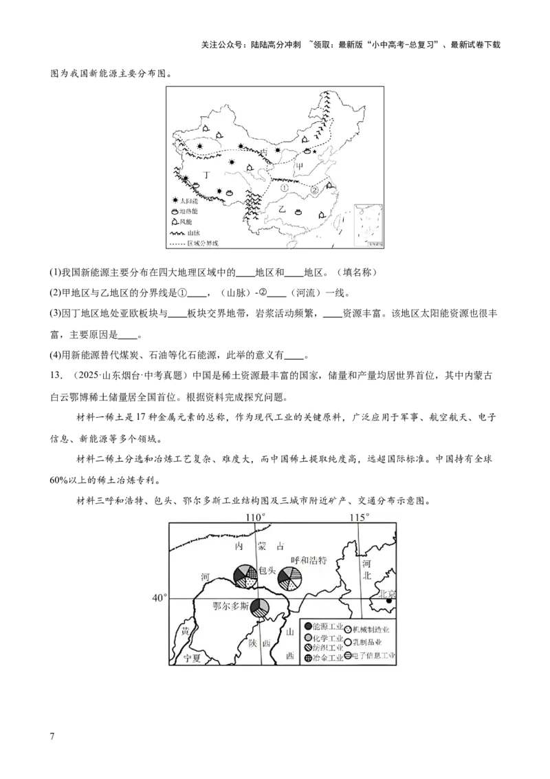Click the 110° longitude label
tap(255, 517)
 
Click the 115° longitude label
tap(358, 517)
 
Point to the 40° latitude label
tap(159, 598)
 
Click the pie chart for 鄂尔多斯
tap(260, 608)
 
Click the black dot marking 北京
tap(389, 601)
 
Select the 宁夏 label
tap(195, 659)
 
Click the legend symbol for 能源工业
tap(307, 626)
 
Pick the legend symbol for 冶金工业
tap(307, 659)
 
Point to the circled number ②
tap(314, 190)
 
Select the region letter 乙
tap(281, 209)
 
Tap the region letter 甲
tap(300, 165)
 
